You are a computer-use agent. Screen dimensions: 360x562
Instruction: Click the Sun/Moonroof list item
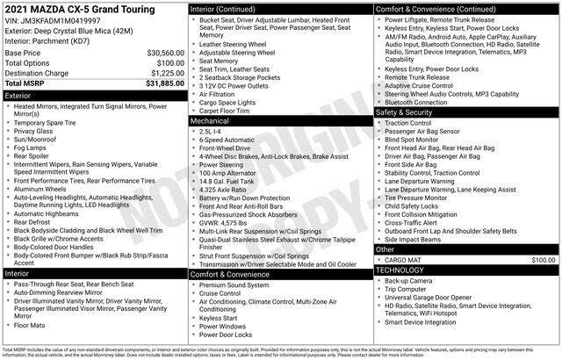click(39, 138)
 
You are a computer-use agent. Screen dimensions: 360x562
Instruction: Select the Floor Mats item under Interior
click(32, 325)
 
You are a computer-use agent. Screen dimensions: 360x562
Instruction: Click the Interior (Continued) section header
click(226, 8)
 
